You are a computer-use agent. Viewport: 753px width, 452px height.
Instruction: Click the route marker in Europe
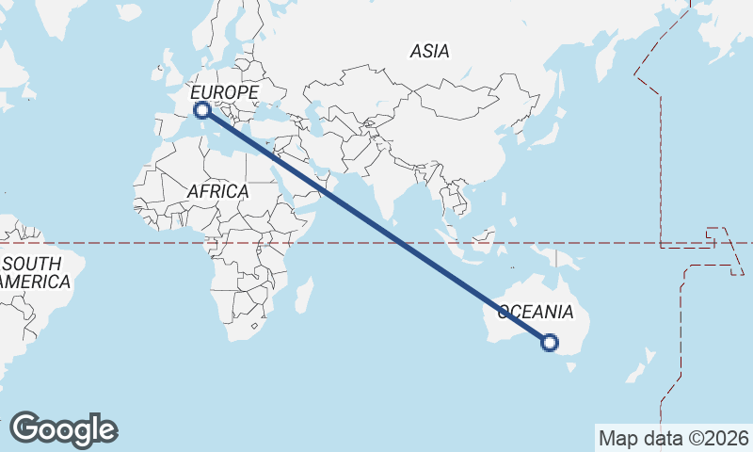point(200,111)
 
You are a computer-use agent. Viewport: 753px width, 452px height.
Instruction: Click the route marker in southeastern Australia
point(551,343)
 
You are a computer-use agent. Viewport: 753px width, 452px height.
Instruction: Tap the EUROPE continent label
point(224,92)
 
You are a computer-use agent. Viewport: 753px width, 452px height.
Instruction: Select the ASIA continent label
point(429,52)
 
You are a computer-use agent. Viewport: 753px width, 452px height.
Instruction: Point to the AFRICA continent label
point(217,191)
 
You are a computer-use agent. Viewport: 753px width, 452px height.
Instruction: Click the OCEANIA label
point(535,312)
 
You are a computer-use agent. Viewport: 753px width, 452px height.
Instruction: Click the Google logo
point(63,429)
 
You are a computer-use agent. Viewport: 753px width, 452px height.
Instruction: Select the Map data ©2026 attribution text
point(673,438)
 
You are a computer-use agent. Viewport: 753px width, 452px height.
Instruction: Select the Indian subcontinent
point(385,184)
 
